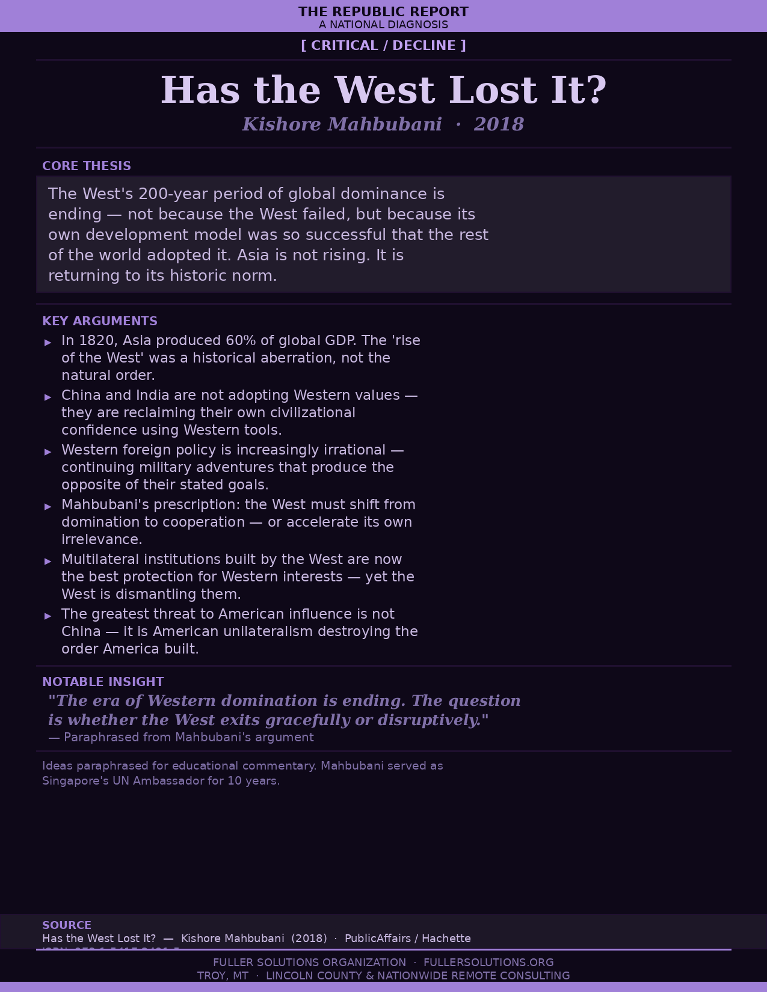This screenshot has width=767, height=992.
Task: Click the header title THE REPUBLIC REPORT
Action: pyautogui.click(x=383, y=11)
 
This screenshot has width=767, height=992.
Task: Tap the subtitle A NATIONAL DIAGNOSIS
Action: pyautogui.click(x=383, y=25)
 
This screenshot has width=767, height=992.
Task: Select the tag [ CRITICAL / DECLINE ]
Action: pyautogui.click(x=383, y=46)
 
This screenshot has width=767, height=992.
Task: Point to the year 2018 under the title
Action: pyautogui.click(x=499, y=124)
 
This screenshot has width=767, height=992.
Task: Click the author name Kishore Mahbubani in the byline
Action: pyautogui.click(x=342, y=124)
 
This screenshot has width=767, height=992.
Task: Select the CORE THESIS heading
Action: pyautogui.click(x=87, y=166)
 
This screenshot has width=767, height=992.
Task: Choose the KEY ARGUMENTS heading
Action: pyautogui.click(x=100, y=321)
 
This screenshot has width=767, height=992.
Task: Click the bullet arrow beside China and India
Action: pyautogui.click(x=48, y=397)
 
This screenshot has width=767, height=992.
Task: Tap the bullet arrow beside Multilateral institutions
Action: pyautogui.click(x=48, y=561)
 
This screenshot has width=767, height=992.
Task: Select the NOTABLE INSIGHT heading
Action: pyautogui.click(x=103, y=682)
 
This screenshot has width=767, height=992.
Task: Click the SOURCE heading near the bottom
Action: pyautogui.click(x=67, y=925)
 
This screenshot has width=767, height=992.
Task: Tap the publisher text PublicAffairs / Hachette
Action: pyautogui.click(x=407, y=938)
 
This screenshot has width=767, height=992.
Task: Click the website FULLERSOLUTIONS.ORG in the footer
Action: pyautogui.click(x=488, y=963)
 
